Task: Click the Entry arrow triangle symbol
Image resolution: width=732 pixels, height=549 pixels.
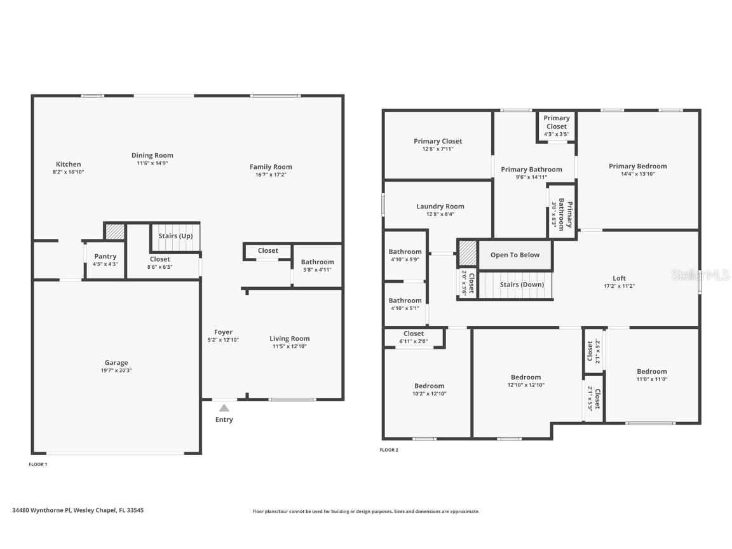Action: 224,408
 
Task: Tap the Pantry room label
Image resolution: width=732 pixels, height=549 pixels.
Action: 105,257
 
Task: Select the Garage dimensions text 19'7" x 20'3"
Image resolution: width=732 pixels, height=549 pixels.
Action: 116,370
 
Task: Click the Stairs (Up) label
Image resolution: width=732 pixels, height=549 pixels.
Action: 175,236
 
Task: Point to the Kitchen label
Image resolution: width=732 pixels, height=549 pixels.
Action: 68,164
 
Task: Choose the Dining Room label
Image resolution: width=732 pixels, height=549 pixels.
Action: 152,155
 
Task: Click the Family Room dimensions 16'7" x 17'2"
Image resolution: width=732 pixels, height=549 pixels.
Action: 271,174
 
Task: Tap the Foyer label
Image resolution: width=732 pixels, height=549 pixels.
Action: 223,332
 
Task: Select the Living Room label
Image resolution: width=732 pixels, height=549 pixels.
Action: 289,339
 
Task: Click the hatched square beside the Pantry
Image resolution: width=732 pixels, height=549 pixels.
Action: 115,232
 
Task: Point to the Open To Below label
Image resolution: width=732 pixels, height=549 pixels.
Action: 515,255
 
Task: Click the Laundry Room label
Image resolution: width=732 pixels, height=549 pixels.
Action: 440,207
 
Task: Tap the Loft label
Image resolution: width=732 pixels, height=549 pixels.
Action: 619,278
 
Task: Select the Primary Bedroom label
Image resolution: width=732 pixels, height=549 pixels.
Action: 637,166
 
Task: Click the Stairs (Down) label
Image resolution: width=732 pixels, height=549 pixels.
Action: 522,285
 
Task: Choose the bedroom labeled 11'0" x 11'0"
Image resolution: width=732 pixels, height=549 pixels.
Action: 652,375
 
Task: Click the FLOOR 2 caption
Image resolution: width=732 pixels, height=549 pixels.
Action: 389,450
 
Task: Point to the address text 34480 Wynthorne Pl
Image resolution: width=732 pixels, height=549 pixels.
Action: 78,510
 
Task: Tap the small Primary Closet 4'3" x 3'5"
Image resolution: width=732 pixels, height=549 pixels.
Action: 556,125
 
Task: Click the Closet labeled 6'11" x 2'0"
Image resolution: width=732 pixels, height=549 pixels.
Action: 413,337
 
